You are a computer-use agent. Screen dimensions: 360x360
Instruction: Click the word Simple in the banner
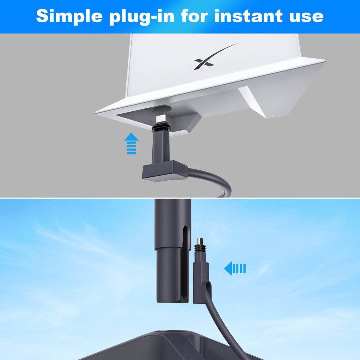pos(69,16)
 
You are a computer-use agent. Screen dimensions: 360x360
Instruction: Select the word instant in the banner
pos(248,16)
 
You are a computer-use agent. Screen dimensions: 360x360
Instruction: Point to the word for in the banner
pos(194,16)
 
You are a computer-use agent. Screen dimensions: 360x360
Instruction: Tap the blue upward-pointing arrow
pos(131,144)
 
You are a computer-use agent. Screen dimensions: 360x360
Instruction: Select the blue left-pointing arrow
pos(235,268)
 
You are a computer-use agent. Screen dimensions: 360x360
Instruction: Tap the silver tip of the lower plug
pos(200,241)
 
